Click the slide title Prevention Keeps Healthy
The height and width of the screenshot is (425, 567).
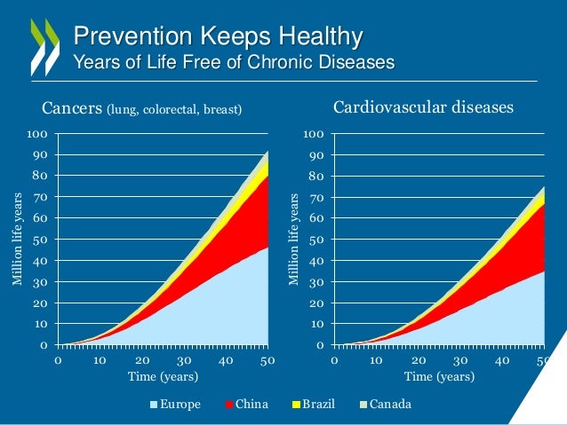(218, 37)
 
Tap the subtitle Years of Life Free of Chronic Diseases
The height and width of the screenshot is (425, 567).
(233, 62)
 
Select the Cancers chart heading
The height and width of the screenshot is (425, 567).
(142, 109)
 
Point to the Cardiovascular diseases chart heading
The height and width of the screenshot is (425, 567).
(423, 108)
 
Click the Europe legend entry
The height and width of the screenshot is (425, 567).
(175, 405)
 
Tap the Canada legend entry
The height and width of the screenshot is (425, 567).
(390, 405)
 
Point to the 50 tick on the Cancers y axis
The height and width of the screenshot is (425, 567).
(40, 240)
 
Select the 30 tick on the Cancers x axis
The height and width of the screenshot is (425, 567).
(185, 361)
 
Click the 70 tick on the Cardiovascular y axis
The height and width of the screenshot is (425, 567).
(316, 198)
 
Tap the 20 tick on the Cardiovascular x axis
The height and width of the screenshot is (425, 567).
(419, 361)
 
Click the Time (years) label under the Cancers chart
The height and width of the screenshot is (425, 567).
(163, 376)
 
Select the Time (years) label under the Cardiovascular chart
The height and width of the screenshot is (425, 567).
(440, 376)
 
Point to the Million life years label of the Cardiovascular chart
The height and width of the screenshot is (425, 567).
(294, 240)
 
